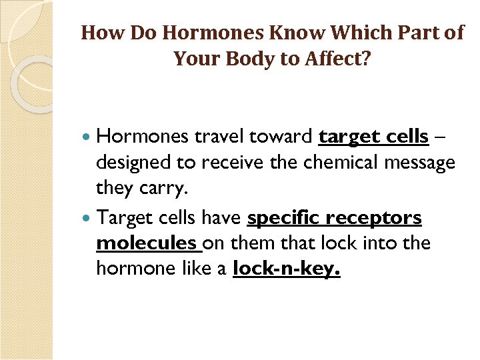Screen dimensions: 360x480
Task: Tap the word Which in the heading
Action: coord(312,33)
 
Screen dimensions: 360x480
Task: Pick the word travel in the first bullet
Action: coord(219,137)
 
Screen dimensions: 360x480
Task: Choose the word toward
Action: coord(281,137)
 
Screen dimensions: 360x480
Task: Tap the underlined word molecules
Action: coord(146,244)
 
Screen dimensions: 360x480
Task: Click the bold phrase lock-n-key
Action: coord(287,269)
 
